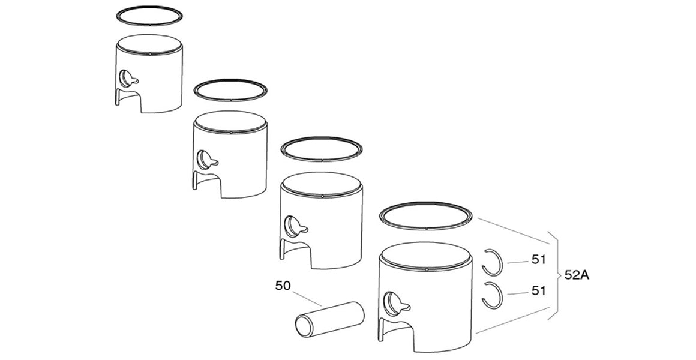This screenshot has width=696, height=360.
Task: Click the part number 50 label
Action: (x=283, y=286)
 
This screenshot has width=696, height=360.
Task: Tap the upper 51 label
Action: (x=539, y=260)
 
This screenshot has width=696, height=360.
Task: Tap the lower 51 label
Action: (x=539, y=291)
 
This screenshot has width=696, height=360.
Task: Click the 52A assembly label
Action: (x=577, y=275)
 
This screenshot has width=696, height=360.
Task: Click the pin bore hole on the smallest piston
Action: (x=127, y=77)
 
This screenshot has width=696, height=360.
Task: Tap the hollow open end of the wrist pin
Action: (x=303, y=326)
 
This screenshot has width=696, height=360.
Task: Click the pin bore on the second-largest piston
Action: (x=294, y=225)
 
